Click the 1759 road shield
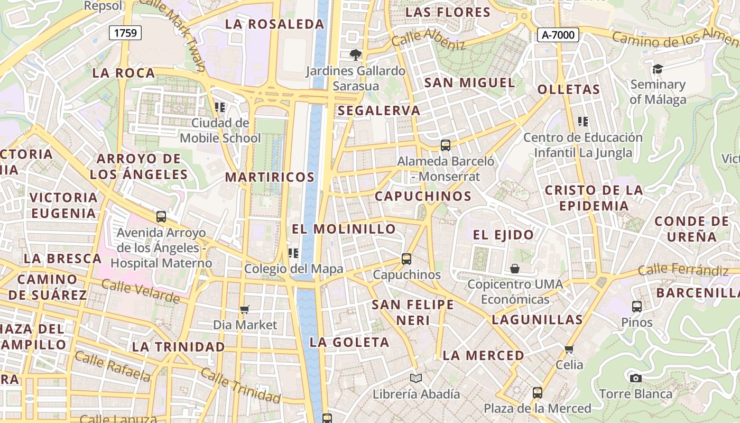126,33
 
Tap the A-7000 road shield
558,35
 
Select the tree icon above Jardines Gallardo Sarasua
356,54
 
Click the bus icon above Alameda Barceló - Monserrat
446,145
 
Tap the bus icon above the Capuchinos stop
406,259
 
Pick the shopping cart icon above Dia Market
244,309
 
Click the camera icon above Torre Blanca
635,378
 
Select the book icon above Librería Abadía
416,378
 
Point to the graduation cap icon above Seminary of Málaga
658,69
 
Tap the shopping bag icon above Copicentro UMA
515,269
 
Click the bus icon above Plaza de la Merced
537,393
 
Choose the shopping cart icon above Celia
569,349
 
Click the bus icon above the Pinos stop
636,306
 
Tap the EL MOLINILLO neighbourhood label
344,229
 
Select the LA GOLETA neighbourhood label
349,342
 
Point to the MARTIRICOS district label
270,177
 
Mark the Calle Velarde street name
141,291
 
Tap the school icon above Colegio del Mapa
293,253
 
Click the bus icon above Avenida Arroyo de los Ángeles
161,217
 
